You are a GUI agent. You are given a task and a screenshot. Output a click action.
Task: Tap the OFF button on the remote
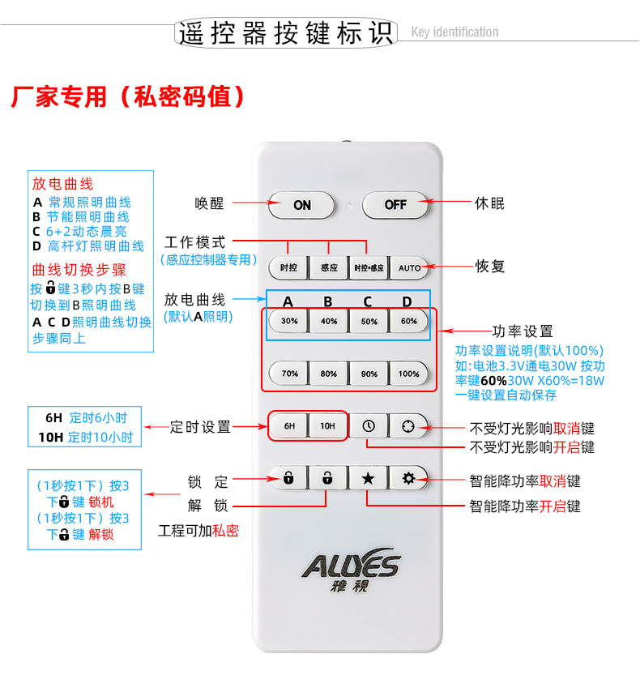[x=395, y=204]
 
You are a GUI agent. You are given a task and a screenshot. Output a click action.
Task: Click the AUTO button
[x=409, y=267]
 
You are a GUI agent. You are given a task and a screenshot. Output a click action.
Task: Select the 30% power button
[x=288, y=321]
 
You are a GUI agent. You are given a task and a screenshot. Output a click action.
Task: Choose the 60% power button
[x=409, y=321]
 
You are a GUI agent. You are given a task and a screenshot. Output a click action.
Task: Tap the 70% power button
[x=289, y=374]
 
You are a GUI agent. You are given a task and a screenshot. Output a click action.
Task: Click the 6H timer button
[x=289, y=425]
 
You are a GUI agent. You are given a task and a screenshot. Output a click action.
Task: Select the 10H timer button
[x=327, y=425]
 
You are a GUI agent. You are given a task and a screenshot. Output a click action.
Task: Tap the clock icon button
[x=369, y=425]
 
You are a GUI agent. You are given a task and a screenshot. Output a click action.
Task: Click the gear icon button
[x=408, y=478]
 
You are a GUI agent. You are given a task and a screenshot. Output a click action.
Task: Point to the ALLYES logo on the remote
[x=351, y=569]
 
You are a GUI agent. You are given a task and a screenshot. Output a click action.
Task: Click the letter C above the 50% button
[x=367, y=301]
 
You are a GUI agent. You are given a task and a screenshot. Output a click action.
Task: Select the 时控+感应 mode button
[x=369, y=267]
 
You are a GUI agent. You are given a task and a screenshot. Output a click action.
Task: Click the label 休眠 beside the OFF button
[x=489, y=203]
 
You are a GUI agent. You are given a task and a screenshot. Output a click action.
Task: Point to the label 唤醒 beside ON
[x=209, y=203]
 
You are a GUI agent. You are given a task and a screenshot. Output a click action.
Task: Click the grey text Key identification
[x=454, y=32]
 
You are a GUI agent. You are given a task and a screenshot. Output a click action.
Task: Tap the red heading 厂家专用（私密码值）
[x=128, y=96]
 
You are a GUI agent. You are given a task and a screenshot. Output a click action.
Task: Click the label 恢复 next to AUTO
[x=490, y=266]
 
